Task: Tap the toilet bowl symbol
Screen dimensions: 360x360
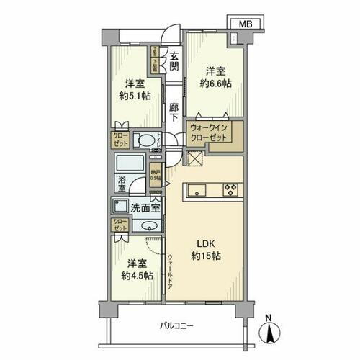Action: point(146,140)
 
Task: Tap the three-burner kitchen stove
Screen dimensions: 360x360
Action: point(232,190)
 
